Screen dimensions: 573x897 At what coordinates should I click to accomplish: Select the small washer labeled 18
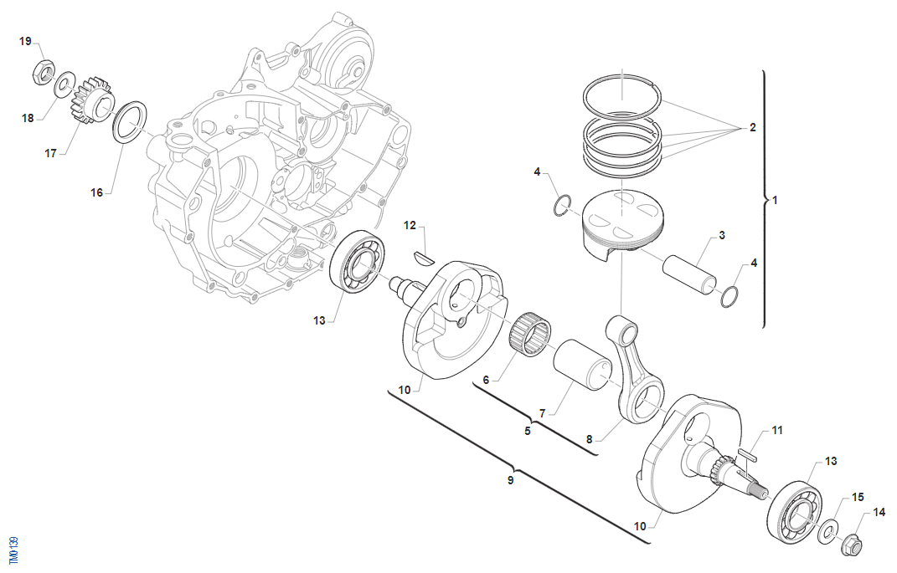[62, 85]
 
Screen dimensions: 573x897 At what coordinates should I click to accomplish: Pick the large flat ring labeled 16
[129, 122]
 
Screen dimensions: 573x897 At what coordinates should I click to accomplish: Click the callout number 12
[410, 225]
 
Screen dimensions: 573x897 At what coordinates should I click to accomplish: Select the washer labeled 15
[829, 529]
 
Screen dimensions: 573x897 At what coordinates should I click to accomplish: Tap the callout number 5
[528, 432]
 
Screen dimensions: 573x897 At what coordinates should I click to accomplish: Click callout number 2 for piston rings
[752, 128]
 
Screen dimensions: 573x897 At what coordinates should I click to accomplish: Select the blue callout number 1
[775, 200]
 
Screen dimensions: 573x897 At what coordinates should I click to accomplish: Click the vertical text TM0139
[13, 553]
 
